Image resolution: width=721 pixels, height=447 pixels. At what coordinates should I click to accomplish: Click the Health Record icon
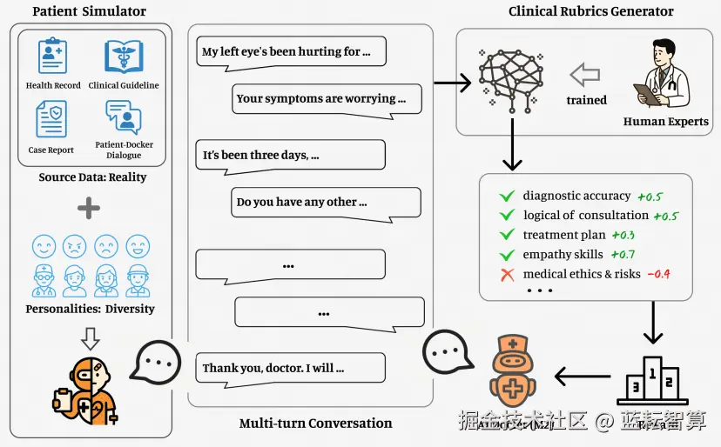pyautogui.click(x=52, y=57)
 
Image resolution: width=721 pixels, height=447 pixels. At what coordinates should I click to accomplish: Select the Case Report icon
pyautogui.click(x=51, y=118)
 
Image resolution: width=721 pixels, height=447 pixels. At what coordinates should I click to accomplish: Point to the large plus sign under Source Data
pyautogui.click(x=89, y=209)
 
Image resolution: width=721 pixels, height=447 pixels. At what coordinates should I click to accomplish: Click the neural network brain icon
pyautogui.click(x=510, y=77)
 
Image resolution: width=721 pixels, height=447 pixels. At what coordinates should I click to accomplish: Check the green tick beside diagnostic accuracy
pyautogui.click(x=506, y=196)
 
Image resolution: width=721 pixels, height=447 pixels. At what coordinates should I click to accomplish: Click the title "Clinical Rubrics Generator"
pyautogui.click(x=591, y=12)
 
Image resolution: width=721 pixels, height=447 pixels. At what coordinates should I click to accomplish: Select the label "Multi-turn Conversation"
pyautogui.click(x=315, y=424)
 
